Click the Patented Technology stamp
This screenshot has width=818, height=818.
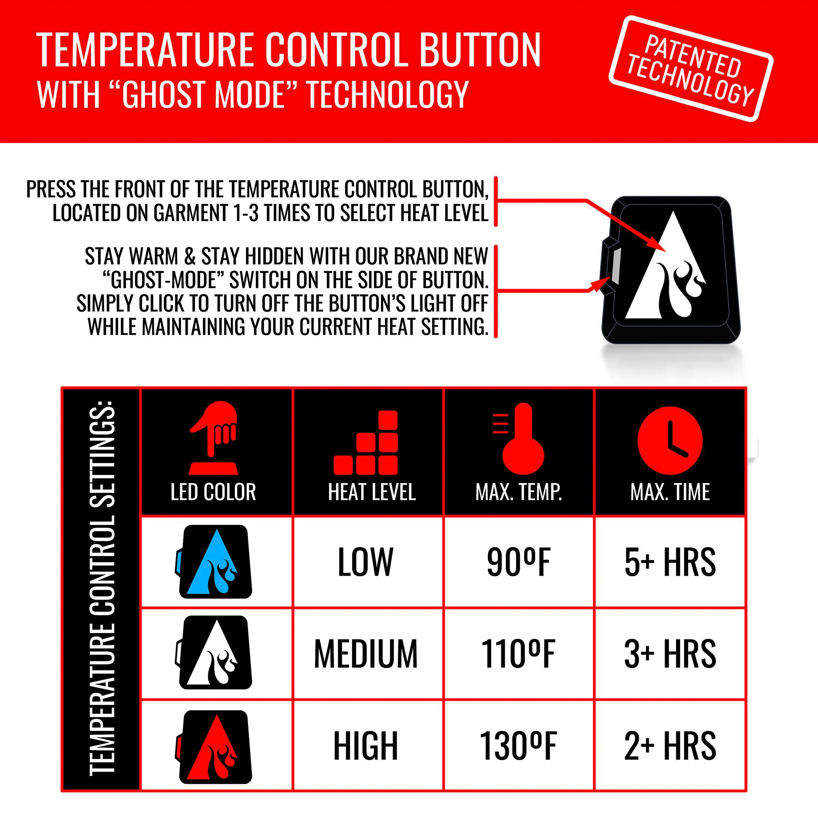[x=690, y=69]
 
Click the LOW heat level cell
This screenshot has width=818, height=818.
[x=366, y=562]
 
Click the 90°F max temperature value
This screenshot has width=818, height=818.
[x=518, y=562]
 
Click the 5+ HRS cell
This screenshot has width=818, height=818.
[x=670, y=562]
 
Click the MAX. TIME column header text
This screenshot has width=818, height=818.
[x=670, y=492]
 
